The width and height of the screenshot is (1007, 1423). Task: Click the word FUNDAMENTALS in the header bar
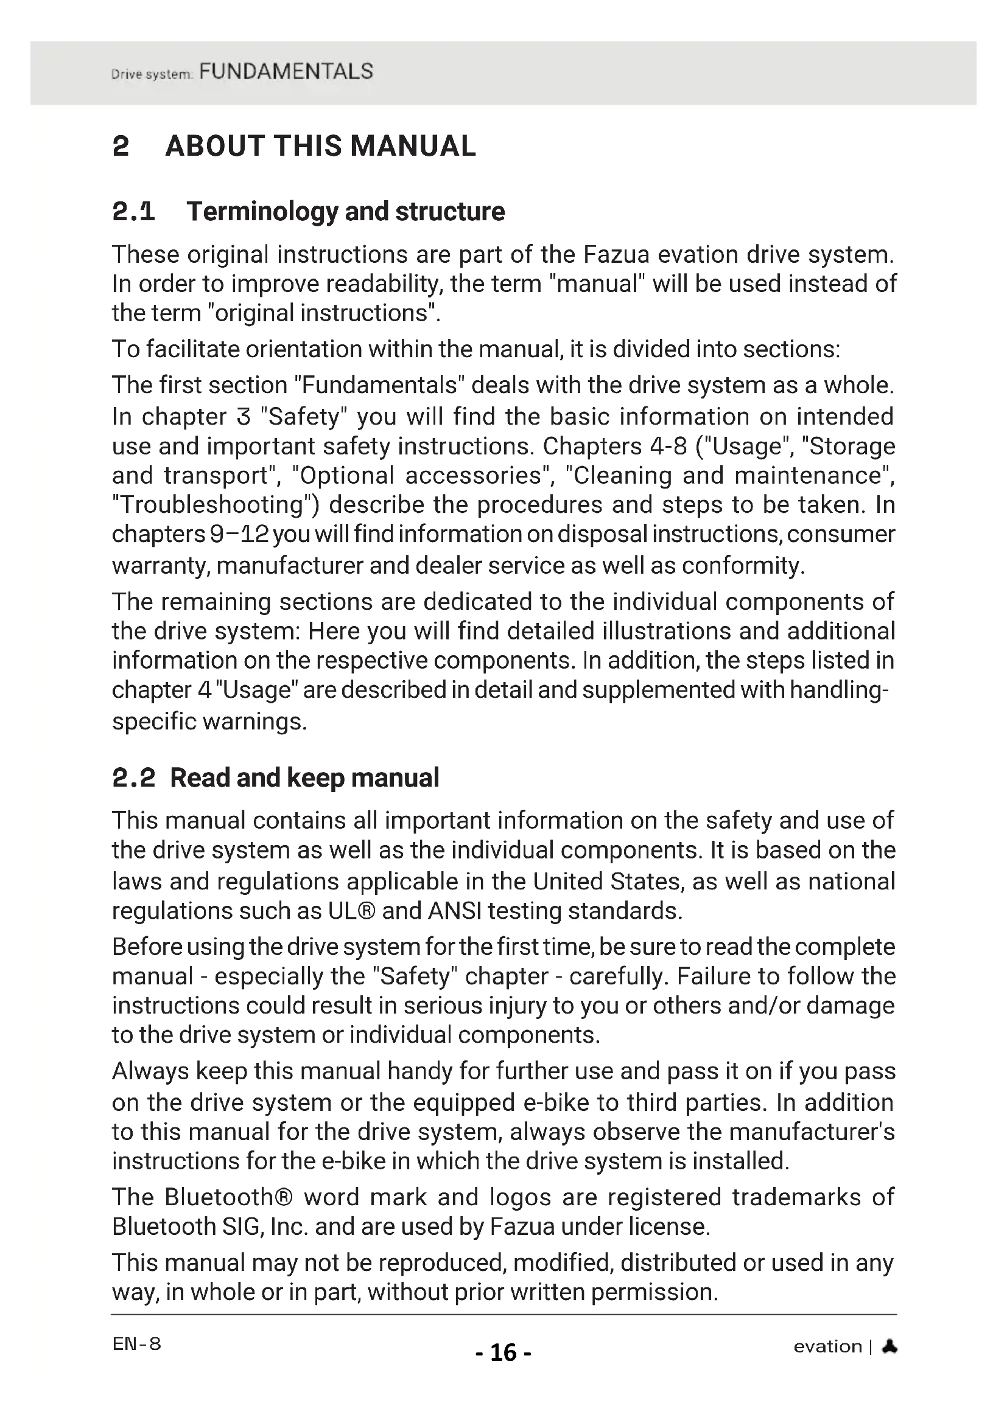point(286,72)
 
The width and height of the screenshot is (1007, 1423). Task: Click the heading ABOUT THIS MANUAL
point(320,146)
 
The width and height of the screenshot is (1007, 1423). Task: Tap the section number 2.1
point(133,212)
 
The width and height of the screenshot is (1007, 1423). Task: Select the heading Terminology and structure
point(345,211)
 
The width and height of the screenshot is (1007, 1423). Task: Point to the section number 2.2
point(133,778)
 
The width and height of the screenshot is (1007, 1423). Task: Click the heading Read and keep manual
point(304,778)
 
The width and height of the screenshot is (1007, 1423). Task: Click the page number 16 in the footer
point(503,1352)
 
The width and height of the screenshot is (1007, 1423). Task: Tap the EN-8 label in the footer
point(136,1344)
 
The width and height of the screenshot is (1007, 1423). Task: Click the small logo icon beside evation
point(889,1346)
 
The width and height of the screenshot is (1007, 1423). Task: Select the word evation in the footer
point(827,1346)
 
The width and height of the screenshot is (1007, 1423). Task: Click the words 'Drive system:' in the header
point(153,75)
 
